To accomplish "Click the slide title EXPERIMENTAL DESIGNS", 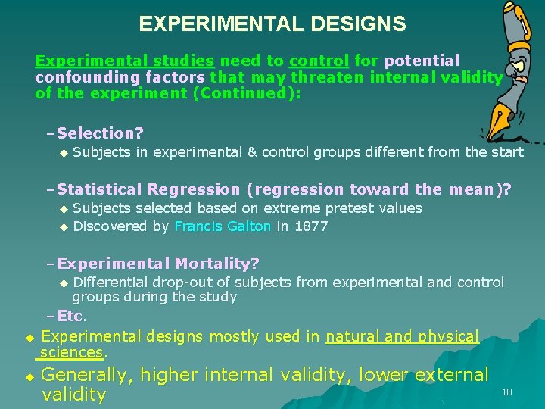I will tap(272, 24).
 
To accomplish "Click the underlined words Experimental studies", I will tap(125, 61).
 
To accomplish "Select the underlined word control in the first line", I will tap(319, 61).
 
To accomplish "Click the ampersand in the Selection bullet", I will tap(253, 151).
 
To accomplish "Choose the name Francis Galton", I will tap(223, 226).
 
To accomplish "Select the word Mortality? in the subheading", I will tap(217, 264).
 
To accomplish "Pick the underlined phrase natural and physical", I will tap(402, 336).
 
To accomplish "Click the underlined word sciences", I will tap(72, 352).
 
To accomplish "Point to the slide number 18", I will tap(506, 392).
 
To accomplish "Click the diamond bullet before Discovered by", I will tap(64, 226).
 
